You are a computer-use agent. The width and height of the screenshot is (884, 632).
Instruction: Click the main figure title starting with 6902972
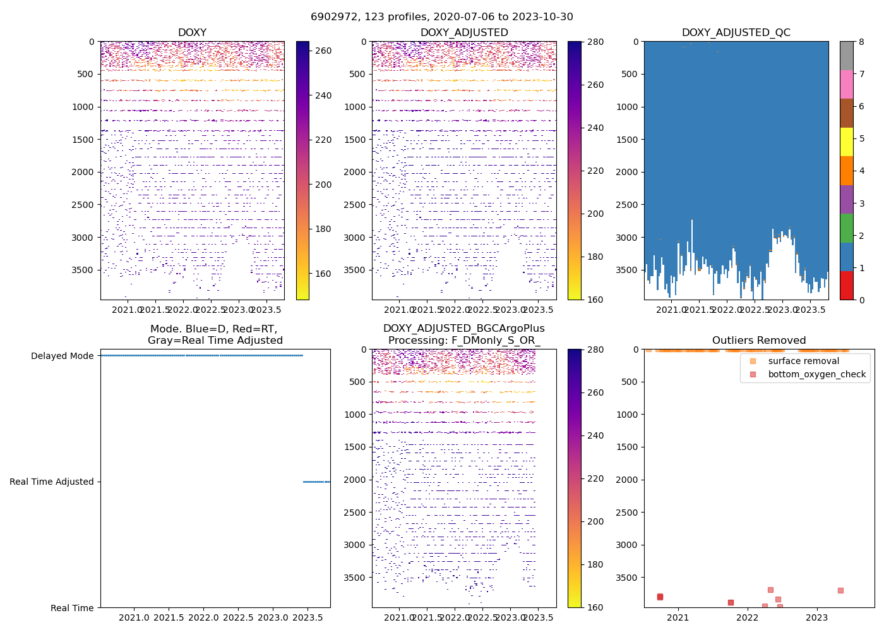coord(442,17)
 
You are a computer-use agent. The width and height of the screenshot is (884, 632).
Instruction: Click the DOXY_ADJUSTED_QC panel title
coord(736,33)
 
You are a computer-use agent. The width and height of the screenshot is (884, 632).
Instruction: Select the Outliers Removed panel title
coord(759,341)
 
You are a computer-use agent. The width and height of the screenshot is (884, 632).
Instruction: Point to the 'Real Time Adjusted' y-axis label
coord(51,482)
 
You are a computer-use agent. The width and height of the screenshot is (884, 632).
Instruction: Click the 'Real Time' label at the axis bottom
coord(72,608)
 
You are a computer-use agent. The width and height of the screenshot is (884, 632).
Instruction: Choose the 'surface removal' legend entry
coord(803,361)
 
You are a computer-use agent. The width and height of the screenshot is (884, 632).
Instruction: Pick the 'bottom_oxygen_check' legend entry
coord(816,374)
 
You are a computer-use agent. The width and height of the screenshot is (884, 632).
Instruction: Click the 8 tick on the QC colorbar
coord(861,42)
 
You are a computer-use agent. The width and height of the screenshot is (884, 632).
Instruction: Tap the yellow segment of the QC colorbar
coord(846,142)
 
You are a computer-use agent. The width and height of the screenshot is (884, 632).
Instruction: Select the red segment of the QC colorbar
coord(846,286)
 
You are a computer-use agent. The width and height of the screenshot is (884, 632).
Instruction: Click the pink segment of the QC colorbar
coord(846,85)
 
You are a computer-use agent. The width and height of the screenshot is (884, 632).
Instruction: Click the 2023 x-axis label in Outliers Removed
coord(816,617)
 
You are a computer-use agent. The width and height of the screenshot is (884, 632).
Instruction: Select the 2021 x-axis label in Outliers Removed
coord(678,617)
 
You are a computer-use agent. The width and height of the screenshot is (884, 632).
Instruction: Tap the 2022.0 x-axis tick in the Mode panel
coord(203,617)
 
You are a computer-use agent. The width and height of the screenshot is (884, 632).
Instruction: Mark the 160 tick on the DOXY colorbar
coord(323,274)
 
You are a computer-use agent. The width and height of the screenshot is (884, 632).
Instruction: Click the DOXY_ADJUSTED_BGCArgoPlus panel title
coord(463,334)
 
